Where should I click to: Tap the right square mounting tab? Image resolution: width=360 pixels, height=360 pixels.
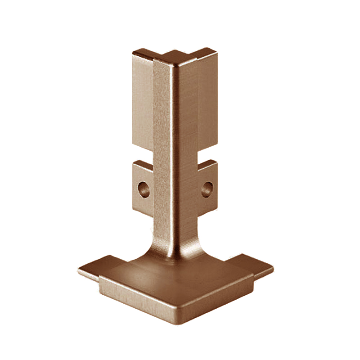(x=208, y=184)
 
